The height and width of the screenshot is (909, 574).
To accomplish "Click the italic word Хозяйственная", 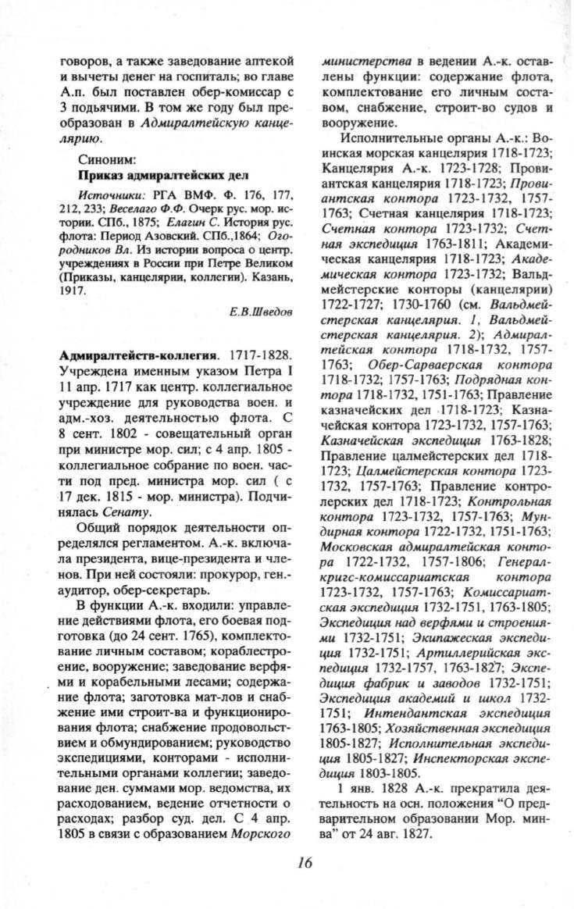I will click(x=422, y=728).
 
